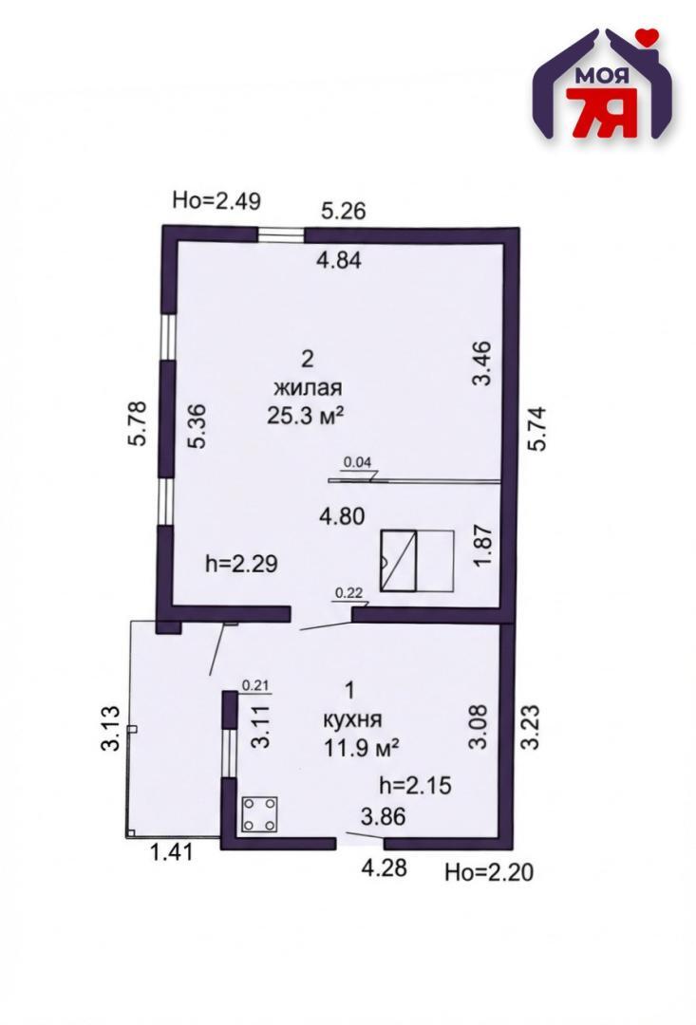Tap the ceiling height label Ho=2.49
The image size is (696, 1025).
point(216,200)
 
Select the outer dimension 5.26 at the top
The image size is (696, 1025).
point(344,211)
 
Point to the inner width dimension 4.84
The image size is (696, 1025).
point(339,260)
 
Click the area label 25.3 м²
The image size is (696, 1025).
point(306,416)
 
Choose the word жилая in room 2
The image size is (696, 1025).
point(308,387)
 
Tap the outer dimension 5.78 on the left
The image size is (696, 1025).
point(139,423)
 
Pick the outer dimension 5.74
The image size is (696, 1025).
point(537,429)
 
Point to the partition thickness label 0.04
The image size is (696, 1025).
point(357,462)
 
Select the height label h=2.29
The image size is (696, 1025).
point(241,563)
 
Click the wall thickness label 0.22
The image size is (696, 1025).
point(348,593)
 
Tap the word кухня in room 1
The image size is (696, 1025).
point(352,719)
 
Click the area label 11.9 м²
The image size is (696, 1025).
point(362,747)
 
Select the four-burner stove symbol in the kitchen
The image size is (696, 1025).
point(259,814)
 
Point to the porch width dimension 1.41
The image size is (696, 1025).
point(172,852)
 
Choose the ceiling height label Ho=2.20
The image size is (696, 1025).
point(489,872)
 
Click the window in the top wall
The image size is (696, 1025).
point(281,234)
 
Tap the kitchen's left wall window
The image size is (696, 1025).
point(228,753)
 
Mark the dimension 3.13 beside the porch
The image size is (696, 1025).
point(111,728)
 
